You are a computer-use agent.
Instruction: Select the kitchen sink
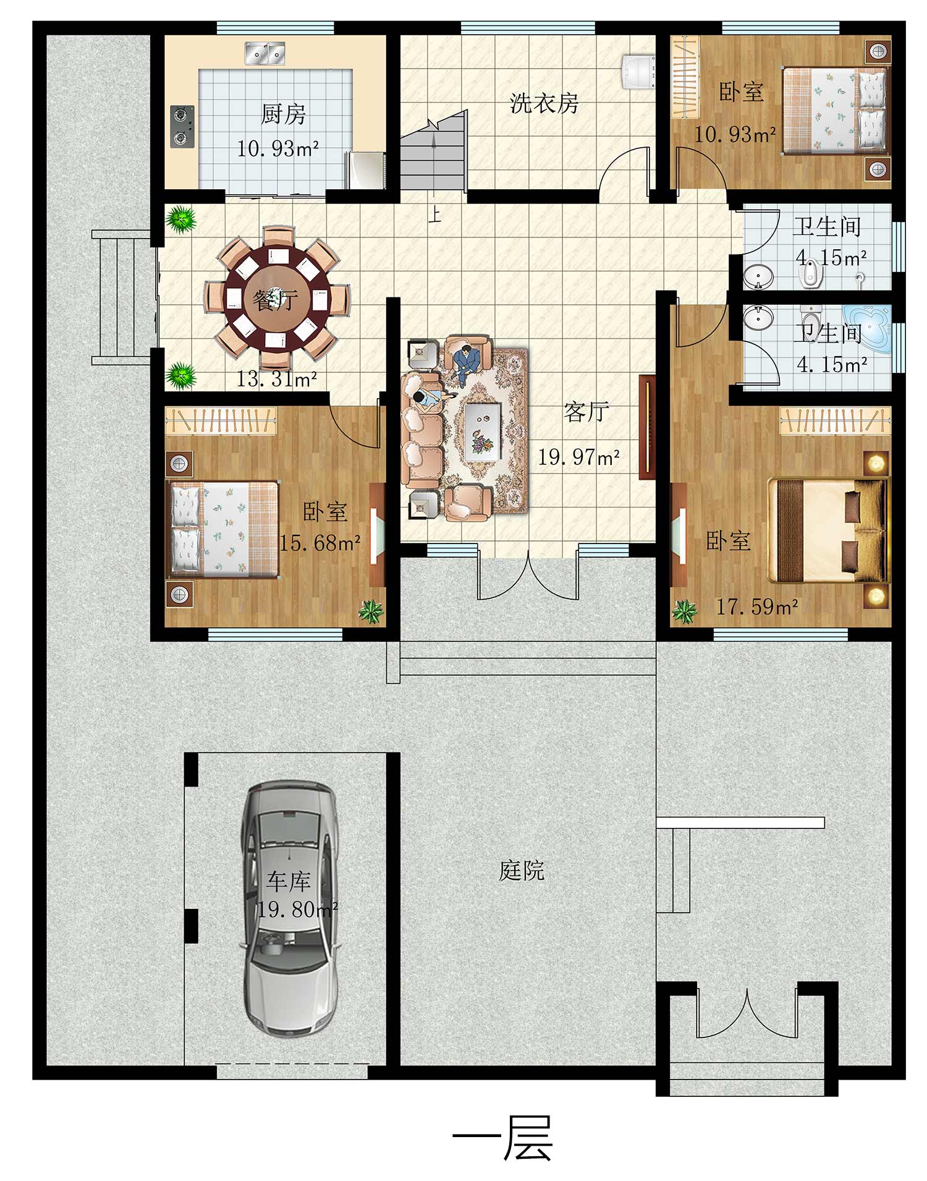pyautogui.click(x=265, y=53)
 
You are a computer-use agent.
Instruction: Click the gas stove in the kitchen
pyautogui.click(x=182, y=127)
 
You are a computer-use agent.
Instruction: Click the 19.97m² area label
pyautogui.click(x=578, y=457)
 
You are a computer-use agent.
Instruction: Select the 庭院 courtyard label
pyautogui.click(x=522, y=871)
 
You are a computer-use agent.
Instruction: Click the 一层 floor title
pyautogui.click(x=503, y=1138)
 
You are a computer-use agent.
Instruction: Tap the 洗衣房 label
pyautogui.click(x=544, y=103)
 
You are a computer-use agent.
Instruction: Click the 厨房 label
pyautogui.click(x=283, y=114)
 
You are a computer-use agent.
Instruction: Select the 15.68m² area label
pyautogui.click(x=320, y=543)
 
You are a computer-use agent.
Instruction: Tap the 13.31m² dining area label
pyautogui.click(x=277, y=378)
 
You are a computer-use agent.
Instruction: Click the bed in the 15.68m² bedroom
pyautogui.click(x=223, y=529)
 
